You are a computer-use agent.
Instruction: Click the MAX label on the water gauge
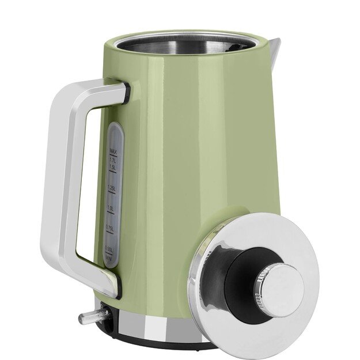[x=114, y=151]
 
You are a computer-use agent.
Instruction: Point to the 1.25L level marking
[x=113, y=188]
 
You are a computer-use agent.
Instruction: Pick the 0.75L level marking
[x=112, y=229]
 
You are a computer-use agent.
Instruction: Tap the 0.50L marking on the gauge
[x=112, y=248]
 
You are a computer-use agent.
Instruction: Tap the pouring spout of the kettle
[x=273, y=46]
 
